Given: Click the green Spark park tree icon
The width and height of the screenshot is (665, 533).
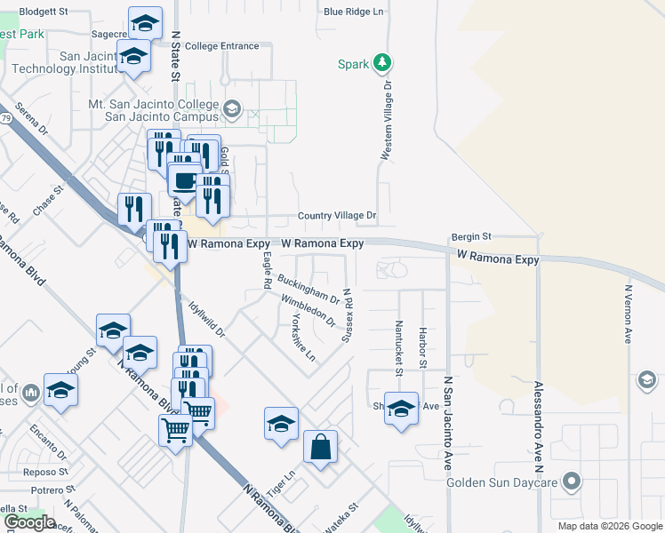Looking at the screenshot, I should tap(382, 62).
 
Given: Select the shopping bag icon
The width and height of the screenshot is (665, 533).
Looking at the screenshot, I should tap(320, 447).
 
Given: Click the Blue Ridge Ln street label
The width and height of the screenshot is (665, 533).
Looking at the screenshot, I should tap(353, 12).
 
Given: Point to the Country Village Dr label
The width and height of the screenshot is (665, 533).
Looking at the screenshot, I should tap(337, 215).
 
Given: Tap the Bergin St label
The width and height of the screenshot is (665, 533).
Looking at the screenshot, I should tap(471, 236).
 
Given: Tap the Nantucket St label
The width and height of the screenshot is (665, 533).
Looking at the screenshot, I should tap(399, 345).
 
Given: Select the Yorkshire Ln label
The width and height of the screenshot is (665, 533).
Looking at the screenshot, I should tap(298, 340).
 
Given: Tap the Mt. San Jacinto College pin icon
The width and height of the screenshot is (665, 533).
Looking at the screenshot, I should tap(232, 109).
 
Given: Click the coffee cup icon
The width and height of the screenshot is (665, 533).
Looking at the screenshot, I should tap(185, 180).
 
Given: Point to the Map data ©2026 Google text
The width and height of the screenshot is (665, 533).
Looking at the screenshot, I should tap(609, 526).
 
